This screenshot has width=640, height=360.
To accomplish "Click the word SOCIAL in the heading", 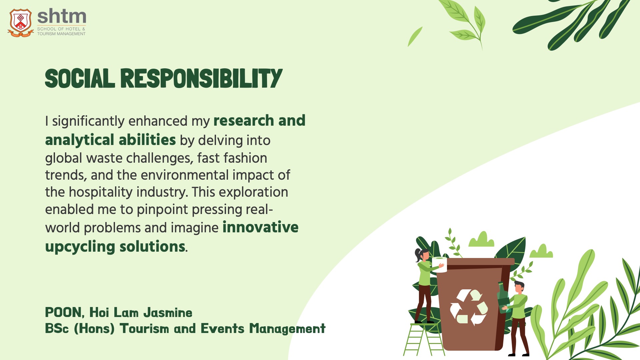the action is [80, 79].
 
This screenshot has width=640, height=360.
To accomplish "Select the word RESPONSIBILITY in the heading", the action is [201, 79].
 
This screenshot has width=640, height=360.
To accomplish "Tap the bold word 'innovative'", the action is [260, 227].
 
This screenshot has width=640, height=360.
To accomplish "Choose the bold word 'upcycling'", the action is [80, 247].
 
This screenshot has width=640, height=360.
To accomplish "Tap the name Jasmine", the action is [168, 313].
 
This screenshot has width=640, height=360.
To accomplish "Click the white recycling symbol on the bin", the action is [469, 307].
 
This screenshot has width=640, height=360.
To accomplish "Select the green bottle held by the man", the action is [502, 297].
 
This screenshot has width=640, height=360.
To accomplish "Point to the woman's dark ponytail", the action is [418, 255].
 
